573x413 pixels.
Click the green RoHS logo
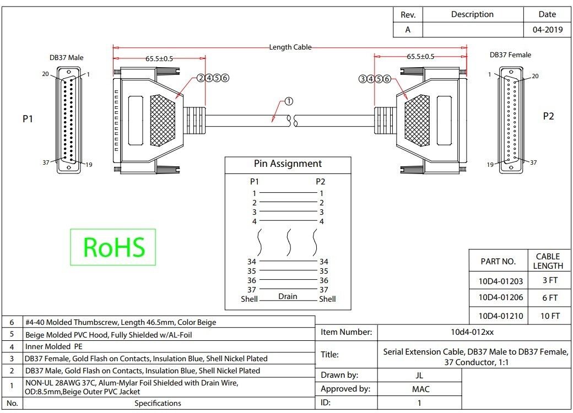click(113, 247)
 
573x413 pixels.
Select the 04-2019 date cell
click(548, 30)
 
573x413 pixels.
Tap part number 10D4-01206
click(501, 297)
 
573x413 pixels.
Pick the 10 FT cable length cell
click(550, 316)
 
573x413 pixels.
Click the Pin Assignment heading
click(288, 164)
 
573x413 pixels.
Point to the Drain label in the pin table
click(288, 296)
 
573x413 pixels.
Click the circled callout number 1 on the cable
click(289, 101)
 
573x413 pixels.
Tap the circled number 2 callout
click(201, 78)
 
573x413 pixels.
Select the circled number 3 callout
click(363, 79)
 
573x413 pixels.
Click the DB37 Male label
click(67, 58)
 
